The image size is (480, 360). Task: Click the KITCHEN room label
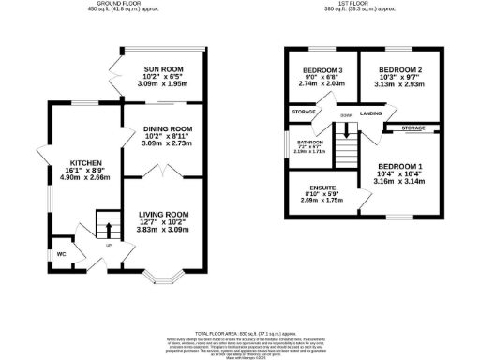pos(79,160)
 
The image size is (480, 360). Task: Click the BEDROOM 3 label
pos(322,70)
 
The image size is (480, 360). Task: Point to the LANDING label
pos(371,114)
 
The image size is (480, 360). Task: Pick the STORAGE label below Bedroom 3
pos(303,112)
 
